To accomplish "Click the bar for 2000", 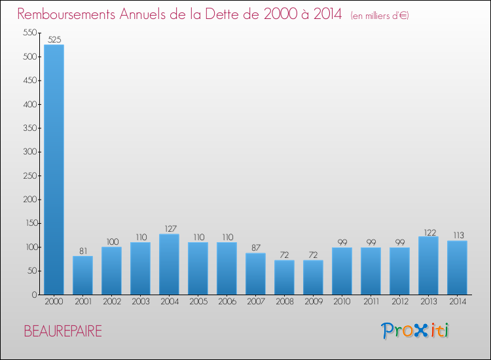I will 54,170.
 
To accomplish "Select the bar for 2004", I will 169,264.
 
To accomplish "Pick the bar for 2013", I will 428,266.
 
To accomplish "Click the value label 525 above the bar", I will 54,40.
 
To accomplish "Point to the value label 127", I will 169,228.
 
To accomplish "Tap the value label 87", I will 255,247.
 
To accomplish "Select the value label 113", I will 457,235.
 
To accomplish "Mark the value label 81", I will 82,250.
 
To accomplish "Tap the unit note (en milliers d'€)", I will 380,16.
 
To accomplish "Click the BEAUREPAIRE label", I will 63,331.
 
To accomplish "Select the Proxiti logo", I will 415,331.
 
